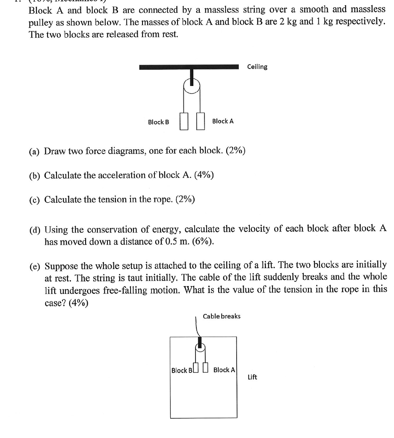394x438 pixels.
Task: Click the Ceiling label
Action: pyautogui.click(x=257, y=67)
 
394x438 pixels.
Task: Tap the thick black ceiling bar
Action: pyautogui.click(x=189, y=67)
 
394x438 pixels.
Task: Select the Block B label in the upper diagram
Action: pyautogui.click(x=158, y=122)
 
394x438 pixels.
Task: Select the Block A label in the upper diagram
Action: pyautogui.click(x=223, y=121)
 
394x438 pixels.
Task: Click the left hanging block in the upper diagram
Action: pyautogui.click(x=184, y=121)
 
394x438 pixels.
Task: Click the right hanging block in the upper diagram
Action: pyautogui.click(x=200, y=121)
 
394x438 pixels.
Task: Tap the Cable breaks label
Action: pyautogui.click(x=222, y=316)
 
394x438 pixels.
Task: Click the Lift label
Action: pyautogui.click(x=252, y=377)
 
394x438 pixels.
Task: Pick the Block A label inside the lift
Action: pyautogui.click(x=224, y=370)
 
